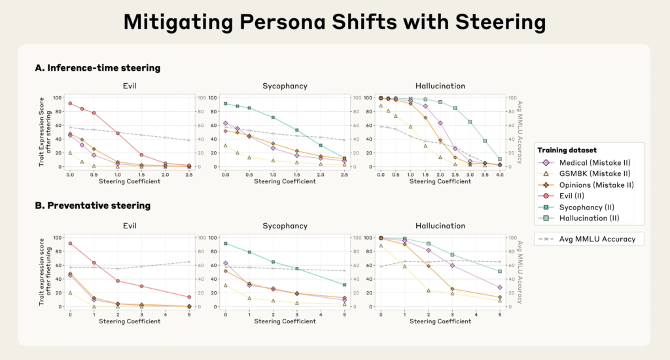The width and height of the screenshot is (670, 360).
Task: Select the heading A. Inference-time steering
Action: [97, 67]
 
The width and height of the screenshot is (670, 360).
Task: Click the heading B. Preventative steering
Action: [93, 206]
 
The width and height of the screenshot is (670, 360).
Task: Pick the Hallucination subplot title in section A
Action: [440, 86]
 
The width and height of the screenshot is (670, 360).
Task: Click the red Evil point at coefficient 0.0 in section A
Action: [69, 103]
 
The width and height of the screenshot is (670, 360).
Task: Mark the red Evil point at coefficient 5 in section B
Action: [189, 297]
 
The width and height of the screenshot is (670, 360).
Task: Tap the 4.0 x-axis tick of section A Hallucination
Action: [499, 175]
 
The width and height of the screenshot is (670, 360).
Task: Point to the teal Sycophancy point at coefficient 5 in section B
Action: [344, 285]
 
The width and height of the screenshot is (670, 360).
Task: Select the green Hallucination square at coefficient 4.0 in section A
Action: [499, 159]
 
